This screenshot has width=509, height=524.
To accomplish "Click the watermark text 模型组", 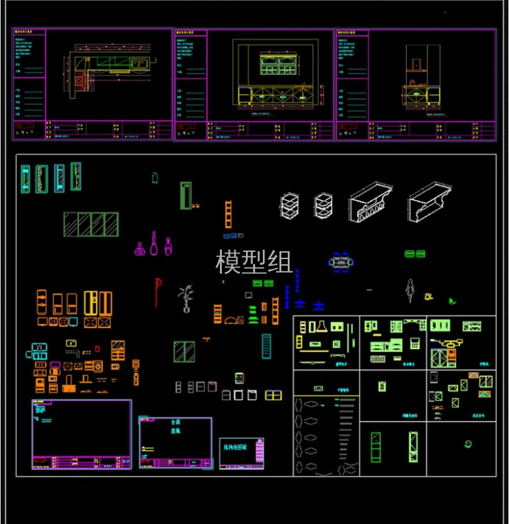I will (x=254, y=262).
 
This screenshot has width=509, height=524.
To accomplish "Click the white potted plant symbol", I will (x=186, y=298).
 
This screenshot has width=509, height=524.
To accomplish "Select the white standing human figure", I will (x=410, y=290).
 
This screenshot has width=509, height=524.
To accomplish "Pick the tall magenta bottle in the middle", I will (x=154, y=243).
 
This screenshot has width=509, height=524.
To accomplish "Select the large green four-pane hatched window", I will (x=91, y=224).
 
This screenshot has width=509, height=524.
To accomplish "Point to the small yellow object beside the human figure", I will (x=429, y=297).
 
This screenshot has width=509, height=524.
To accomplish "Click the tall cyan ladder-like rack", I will (x=266, y=346).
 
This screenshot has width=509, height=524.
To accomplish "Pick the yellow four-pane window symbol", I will (x=273, y=395).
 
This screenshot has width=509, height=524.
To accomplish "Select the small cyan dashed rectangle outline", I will (x=155, y=177).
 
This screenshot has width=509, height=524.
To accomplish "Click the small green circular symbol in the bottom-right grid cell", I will (x=468, y=444).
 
